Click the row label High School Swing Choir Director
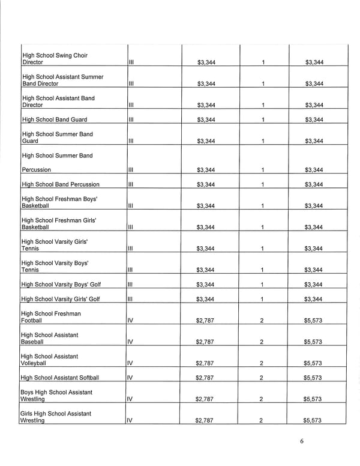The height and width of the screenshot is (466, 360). pyautogui.click(x=55, y=59)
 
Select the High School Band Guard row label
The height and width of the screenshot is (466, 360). pyautogui.click(x=55, y=120)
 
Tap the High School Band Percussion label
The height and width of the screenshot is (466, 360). pyautogui.click(x=61, y=184)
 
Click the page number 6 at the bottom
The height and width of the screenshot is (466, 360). pyautogui.click(x=302, y=442)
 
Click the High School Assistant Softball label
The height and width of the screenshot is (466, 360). pyautogui.click(x=60, y=378)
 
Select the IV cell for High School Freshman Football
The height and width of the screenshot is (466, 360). pyautogui.click(x=131, y=321)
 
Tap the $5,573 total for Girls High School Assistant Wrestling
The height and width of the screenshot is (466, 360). pyautogui.click(x=313, y=420)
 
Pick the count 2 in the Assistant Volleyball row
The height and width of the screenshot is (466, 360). pyautogui.click(x=262, y=363)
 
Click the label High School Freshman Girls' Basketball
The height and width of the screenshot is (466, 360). pyautogui.click(x=59, y=223)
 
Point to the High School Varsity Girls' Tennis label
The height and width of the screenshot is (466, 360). pyautogui.click(x=55, y=245)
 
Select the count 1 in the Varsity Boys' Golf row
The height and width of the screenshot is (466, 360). pyautogui.click(x=262, y=285)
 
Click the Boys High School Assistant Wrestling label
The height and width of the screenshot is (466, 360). pyautogui.click(x=56, y=395)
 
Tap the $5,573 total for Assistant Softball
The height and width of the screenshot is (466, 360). pyautogui.click(x=313, y=378)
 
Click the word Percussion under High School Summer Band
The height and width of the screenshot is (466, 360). pyautogui.click(x=36, y=170)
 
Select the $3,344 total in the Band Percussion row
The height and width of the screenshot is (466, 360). pyautogui.click(x=314, y=184)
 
